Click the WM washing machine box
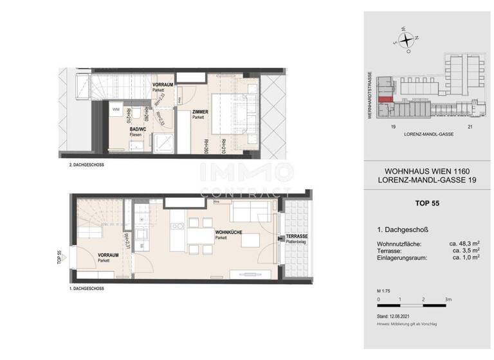[x=116, y=111]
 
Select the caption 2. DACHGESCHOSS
[x=86, y=165]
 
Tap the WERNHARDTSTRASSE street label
[x=371, y=93]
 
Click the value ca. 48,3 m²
[x=465, y=244]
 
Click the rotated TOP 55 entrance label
[x=59, y=257]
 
